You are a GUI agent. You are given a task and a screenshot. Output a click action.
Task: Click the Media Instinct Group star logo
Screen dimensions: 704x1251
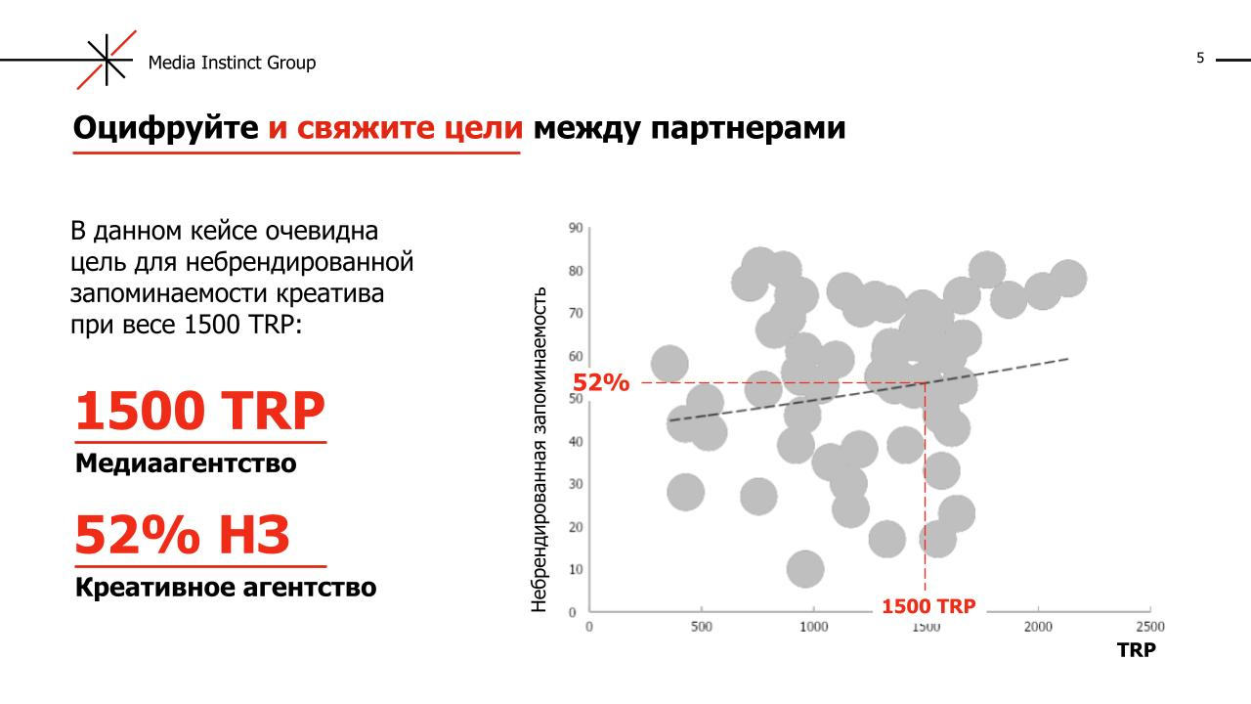[x=108, y=61]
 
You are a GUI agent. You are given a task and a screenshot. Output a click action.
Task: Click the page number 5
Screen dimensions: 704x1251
[x=1200, y=59]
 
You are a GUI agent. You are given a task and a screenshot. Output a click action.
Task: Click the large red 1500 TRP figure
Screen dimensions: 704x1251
[x=199, y=412]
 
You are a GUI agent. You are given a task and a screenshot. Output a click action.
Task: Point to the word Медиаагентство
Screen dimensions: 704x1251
[x=186, y=462]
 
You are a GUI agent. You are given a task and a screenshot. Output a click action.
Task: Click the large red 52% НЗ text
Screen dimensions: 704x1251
[x=183, y=536]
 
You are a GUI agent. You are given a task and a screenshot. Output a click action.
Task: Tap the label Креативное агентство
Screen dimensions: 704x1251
[x=226, y=588]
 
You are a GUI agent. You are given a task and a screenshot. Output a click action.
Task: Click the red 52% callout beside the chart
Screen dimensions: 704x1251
[x=601, y=382]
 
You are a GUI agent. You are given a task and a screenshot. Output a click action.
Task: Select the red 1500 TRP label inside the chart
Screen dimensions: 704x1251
[x=928, y=607]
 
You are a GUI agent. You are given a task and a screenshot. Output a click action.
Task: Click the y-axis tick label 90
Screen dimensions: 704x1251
[x=575, y=228]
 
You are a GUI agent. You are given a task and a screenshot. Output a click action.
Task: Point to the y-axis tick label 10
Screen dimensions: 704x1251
[x=575, y=569]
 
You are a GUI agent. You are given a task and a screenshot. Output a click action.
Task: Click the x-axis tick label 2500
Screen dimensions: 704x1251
[x=1149, y=627]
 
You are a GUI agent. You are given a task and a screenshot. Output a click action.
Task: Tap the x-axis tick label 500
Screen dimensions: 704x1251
[x=701, y=627]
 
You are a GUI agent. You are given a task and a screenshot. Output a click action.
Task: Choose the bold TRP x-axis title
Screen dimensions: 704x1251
[x=1137, y=651]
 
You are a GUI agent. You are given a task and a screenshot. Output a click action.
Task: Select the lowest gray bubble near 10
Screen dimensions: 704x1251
[x=804, y=567]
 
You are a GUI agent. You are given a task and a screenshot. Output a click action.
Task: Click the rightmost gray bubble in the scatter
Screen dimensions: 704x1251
[x=1068, y=279]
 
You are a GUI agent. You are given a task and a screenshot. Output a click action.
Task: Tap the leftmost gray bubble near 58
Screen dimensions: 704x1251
[x=669, y=364]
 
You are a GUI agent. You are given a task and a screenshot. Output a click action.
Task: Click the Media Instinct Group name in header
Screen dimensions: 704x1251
[x=232, y=63]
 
